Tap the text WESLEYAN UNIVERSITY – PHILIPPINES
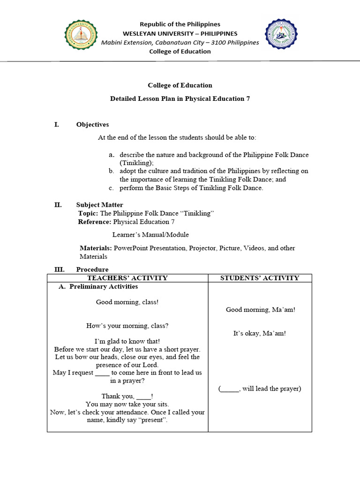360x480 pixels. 180,33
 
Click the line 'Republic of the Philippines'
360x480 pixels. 180,24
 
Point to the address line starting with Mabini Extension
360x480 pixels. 180,42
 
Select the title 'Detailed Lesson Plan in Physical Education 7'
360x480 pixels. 180,99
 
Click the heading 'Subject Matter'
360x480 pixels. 100,205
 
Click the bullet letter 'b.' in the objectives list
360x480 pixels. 112,171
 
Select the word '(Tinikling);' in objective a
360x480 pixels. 136,162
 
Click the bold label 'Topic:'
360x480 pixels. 88,213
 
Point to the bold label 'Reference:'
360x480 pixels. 95,222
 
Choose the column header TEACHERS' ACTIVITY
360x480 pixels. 127,278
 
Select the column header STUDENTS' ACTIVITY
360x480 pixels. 260,278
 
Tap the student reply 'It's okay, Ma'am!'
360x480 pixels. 260,333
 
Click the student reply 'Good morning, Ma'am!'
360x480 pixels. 260,309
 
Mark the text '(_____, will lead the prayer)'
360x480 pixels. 260,389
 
